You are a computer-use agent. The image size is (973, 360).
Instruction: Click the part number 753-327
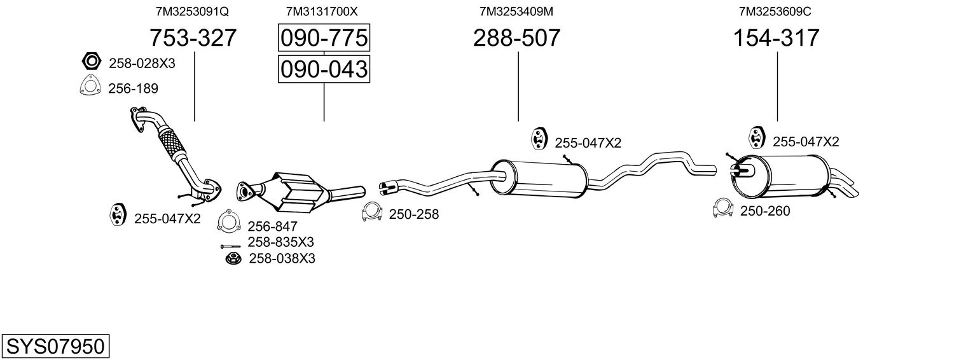[193, 38]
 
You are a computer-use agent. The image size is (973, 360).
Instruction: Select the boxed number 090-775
[324, 38]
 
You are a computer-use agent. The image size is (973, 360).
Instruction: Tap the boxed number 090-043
[324, 69]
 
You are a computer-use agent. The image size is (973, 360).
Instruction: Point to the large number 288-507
[516, 38]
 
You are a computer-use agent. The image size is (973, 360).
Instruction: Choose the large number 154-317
[776, 38]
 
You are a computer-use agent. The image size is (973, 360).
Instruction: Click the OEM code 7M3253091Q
[192, 11]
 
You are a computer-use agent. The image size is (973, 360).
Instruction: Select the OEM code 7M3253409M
[516, 11]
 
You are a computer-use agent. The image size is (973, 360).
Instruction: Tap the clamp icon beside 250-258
[371, 213]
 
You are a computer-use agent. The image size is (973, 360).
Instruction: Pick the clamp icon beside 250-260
[723, 209]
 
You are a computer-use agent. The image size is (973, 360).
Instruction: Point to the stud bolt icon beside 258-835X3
[230, 246]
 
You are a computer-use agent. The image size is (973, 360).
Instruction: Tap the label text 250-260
[765, 211]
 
